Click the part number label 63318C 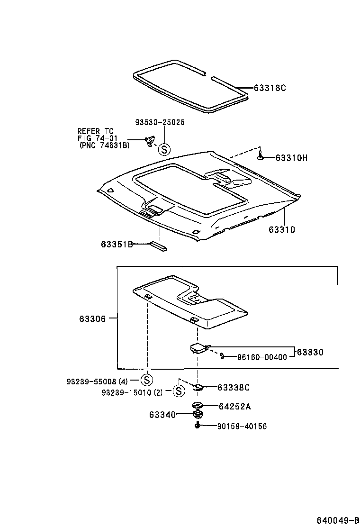coord(270,88)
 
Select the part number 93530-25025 coord(160,122)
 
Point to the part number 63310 coord(282,230)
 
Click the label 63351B coord(116,244)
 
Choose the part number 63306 coord(92,318)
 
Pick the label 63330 coord(310,352)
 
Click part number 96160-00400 coord(262,357)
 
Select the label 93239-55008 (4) coord(97,381)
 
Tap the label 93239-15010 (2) coord(133,392)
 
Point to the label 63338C coord(234,388)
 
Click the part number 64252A coord(234,406)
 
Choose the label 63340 coord(162,415)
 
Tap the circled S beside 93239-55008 coord(146,380)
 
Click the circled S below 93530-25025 coord(163,150)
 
